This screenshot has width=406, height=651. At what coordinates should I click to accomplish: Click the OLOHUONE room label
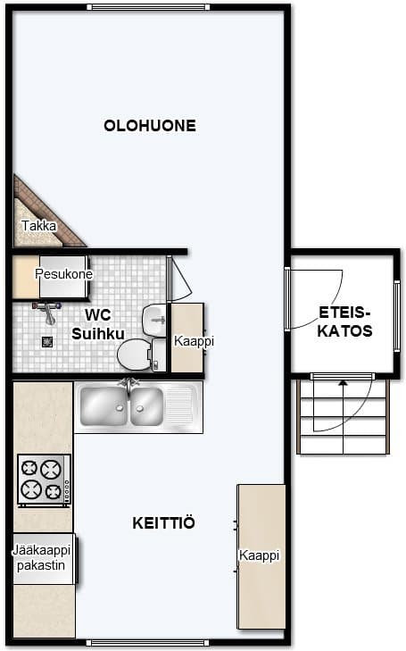[x=150, y=126]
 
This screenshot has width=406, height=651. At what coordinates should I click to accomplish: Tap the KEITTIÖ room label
[x=163, y=522]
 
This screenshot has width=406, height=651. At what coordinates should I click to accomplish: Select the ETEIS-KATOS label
[x=344, y=321]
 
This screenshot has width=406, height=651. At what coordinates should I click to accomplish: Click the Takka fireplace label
[x=38, y=226]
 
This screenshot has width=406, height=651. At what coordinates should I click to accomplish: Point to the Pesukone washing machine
[x=64, y=277]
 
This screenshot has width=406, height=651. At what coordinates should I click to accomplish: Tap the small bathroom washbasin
[x=154, y=320]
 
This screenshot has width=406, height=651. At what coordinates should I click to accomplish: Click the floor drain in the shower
[x=47, y=342]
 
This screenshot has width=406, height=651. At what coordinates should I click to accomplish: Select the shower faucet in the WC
[x=47, y=312]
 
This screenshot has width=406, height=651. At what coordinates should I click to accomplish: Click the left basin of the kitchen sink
[x=104, y=406]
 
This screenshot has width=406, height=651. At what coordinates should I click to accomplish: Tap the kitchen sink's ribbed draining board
[x=180, y=406]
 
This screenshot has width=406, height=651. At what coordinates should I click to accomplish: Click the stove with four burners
[x=44, y=480]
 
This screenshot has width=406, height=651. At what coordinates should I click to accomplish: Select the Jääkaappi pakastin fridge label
[x=41, y=558]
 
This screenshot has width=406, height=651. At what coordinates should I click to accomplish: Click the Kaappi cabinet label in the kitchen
[x=260, y=555]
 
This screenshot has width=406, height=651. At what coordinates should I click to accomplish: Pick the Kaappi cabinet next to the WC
[x=187, y=338]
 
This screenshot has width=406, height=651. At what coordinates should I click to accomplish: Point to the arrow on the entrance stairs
[x=343, y=416]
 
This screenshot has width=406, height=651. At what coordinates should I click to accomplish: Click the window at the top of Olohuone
[x=148, y=7]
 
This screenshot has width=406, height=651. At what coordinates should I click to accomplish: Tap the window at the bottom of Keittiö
[x=148, y=643]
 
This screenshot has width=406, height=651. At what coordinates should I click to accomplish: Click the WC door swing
[x=179, y=278]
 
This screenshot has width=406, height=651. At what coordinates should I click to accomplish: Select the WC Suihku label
[x=98, y=324]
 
